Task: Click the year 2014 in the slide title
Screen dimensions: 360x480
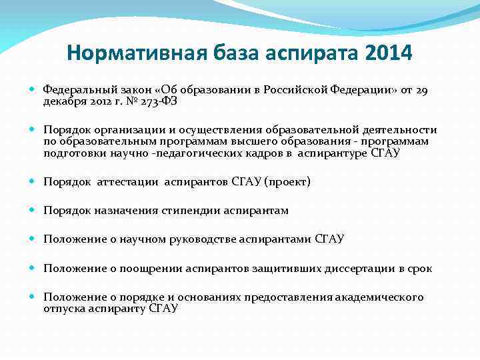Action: tap(389, 51)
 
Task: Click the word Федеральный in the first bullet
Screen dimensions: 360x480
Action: tap(76, 89)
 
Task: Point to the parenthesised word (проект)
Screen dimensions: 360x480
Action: tap(287, 181)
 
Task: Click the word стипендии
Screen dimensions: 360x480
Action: tap(177, 210)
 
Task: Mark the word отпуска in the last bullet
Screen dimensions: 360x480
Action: tap(62, 308)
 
